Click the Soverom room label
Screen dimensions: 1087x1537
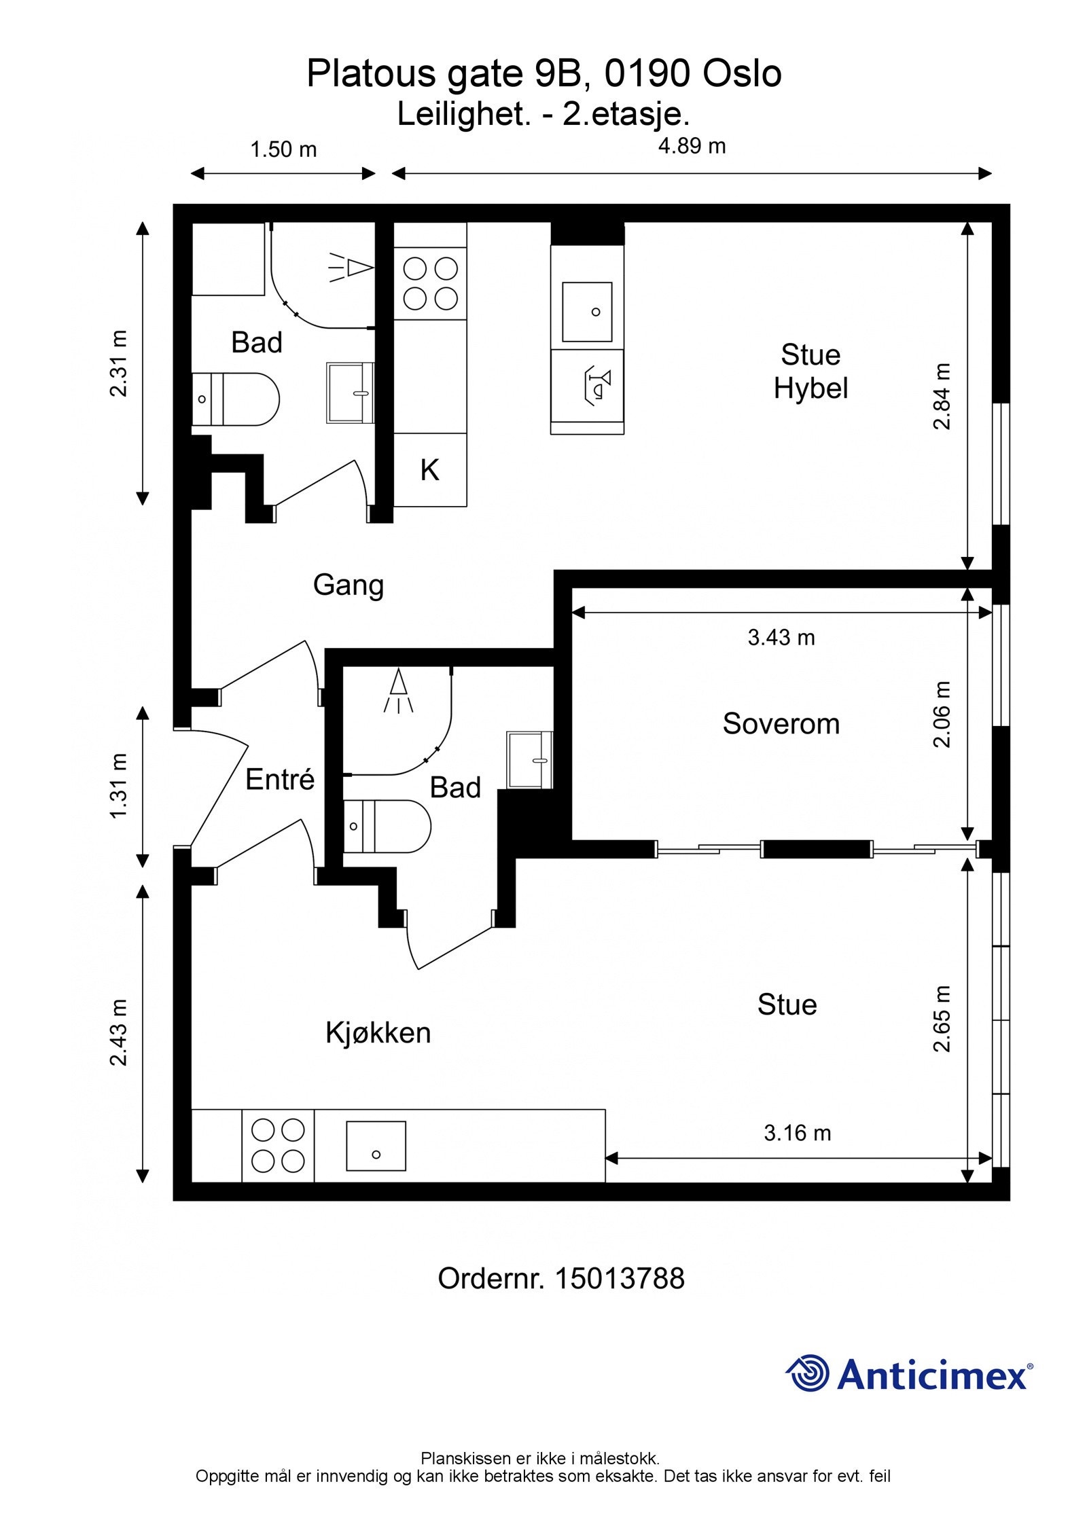click(781, 724)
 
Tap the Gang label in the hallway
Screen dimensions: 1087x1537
click(348, 585)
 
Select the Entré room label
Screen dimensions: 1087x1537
click(280, 779)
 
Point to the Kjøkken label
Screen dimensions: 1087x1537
click(378, 1032)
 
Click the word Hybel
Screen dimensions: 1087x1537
click(810, 388)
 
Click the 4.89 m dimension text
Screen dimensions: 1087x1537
click(692, 146)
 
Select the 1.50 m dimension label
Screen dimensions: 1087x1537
click(283, 149)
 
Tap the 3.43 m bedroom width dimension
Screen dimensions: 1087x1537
click(781, 637)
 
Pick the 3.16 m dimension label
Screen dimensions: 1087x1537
click(797, 1133)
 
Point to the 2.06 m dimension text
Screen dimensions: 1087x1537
click(942, 715)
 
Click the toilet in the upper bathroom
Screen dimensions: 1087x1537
click(236, 399)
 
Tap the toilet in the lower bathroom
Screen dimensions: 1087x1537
click(387, 827)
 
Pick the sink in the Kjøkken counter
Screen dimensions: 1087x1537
click(376, 1146)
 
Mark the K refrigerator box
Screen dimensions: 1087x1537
click(430, 470)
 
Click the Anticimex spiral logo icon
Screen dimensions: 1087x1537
click(808, 1373)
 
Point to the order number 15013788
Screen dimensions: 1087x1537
click(620, 1279)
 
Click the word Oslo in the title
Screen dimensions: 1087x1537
click(742, 74)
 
